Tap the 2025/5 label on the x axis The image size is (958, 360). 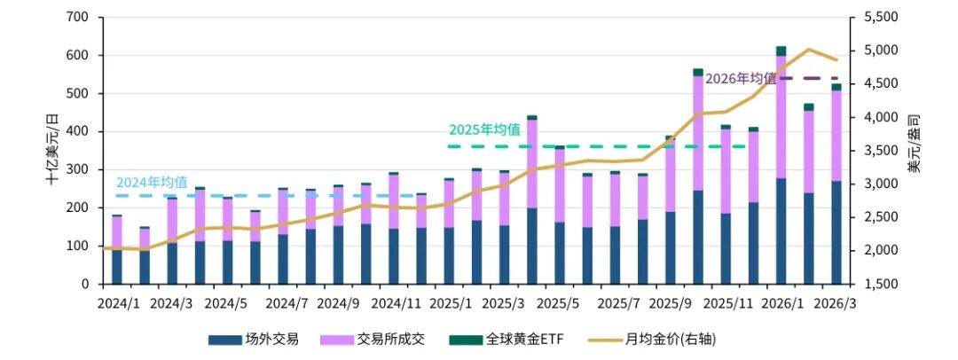coord(560,303)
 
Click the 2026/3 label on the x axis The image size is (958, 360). coord(836,303)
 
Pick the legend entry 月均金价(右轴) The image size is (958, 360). coord(671,339)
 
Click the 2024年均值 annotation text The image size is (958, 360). coord(152,182)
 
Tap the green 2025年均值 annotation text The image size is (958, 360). coord(484,129)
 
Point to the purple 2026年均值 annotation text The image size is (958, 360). coord(741,78)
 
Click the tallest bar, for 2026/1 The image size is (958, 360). coord(781,168)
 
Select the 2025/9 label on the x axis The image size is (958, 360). coord(671,303)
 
